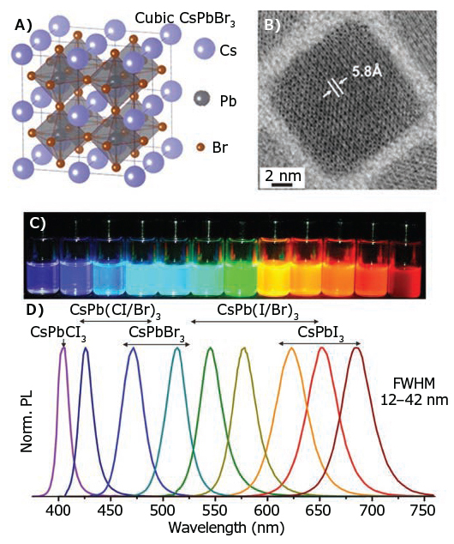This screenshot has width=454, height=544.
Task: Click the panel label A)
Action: (x=23, y=25)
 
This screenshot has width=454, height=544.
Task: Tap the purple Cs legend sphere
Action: (x=205, y=51)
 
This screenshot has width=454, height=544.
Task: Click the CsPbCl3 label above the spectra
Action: (x=58, y=334)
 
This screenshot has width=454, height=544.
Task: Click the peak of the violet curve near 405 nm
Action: (x=63, y=348)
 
